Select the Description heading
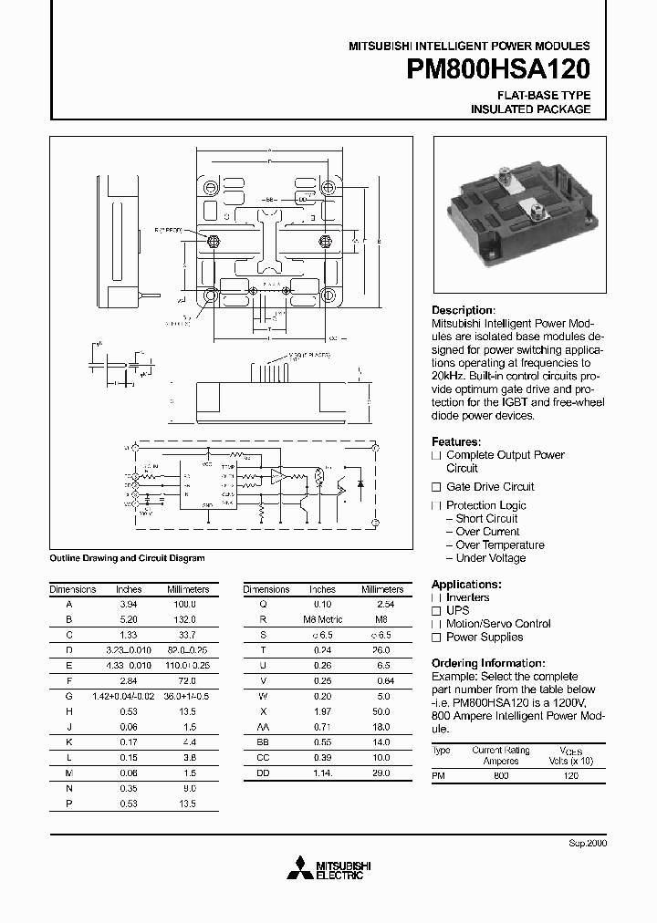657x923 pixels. point(463,310)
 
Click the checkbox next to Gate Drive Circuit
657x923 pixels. point(436,487)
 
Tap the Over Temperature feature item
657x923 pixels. point(500,545)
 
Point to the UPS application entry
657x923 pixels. point(457,611)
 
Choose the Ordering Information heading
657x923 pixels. point(488,663)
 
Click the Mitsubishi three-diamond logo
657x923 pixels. point(297,870)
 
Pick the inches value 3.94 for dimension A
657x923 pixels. point(129,604)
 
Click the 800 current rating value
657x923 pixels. point(501,775)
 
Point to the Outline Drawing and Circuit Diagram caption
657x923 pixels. point(127,558)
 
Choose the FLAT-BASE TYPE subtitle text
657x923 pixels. point(543,96)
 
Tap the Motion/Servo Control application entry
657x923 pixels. point(498,624)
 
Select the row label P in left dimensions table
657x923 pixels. point(68,804)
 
